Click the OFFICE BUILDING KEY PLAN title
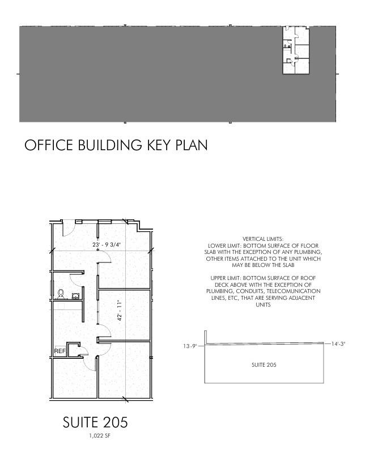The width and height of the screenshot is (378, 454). (116, 145)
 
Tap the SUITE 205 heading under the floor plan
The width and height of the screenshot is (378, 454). (95, 422)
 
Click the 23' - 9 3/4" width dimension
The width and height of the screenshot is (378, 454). (107, 245)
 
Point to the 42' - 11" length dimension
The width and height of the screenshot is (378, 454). (120, 310)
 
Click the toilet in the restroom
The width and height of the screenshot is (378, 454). (61, 294)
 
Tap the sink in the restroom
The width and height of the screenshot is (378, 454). (76, 296)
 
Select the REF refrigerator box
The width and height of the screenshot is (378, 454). (60, 351)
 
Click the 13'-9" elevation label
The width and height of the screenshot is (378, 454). (190, 346)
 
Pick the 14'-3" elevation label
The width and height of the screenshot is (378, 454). (338, 343)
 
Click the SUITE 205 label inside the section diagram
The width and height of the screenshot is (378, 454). (264, 365)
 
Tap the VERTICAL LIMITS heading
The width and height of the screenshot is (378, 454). (263, 239)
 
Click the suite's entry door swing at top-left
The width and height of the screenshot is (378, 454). (69, 229)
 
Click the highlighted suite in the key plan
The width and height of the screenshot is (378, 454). (296, 50)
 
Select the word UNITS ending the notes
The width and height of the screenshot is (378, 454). (263, 304)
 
